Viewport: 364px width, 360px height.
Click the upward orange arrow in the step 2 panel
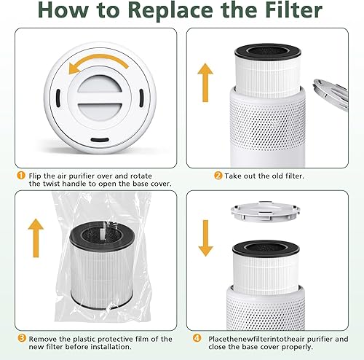pyautogui.click(x=206, y=78)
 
